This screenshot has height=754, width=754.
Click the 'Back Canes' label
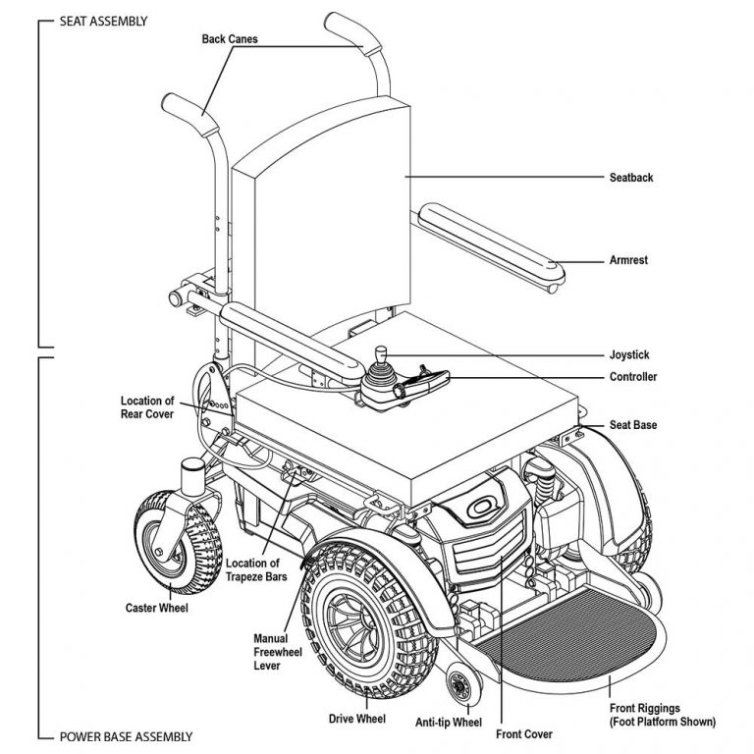pyautogui.click(x=230, y=39)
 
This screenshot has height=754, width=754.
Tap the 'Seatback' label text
pyautogui.click(x=631, y=178)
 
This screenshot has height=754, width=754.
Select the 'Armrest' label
pyautogui.click(x=629, y=261)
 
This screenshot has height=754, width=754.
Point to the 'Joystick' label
pyautogui.click(x=629, y=354)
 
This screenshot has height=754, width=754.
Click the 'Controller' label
pyautogui.click(x=633, y=377)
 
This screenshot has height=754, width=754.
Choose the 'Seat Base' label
pyautogui.click(x=632, y=425)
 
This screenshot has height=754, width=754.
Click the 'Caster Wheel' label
pyautogui.click(x=156, y=608)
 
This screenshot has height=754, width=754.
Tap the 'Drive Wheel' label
pyautogui.click(x=356, y=719)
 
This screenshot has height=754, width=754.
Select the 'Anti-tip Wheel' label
pyautogui.click(x=448, y=724)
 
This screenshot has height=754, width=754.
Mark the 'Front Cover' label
pyautogui.click(x=524, y=733)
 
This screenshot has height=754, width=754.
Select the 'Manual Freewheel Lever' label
pyautogui.click(x=271, y=652)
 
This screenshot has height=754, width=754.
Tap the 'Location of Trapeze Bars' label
pyautogui.click(x=256, y=570)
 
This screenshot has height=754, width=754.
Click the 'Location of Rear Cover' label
pyautogui.click(x=147, y=407)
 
